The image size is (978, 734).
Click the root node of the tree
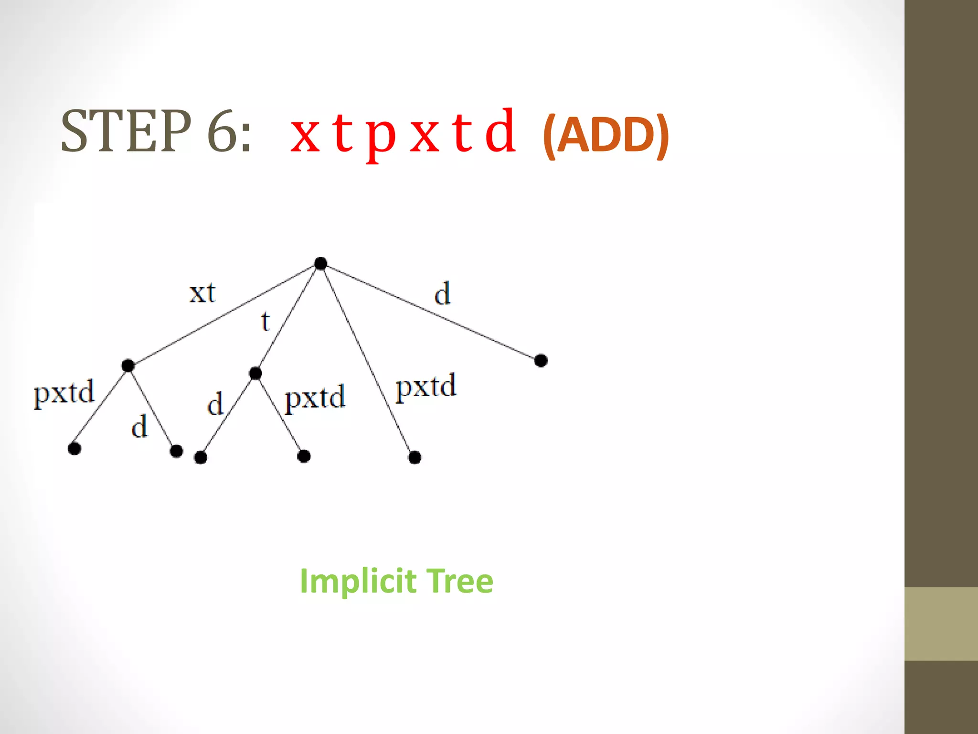pyautogui.click(x=321, y=263)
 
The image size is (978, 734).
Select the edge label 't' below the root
pyautogui.click(x=266, y=321)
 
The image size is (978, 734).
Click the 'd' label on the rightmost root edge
pyautogui.click(x=443, y=293)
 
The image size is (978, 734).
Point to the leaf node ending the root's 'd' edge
pyautogui.click(x=541, y=360)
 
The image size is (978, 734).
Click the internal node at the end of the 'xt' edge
pyautogui.click(x=128, y=366)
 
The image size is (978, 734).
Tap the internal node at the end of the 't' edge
pyautogui.click(x=255, y=373)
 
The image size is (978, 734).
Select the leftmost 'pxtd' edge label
pyautogui.click(x=64, y=393)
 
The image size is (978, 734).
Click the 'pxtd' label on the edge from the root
pyautogui.click(x=426, y=387)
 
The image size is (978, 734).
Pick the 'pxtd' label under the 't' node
pyautogui.click(x=315, y=398)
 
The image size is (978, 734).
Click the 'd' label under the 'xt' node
pyautogui.click(x=139, y=427)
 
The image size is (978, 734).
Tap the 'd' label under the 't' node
pyautogui.click(x=215, y=404)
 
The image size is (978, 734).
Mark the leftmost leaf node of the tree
pyautogui.click(x=74, y=449)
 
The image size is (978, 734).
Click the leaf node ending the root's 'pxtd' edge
pyautogui.click(x=415, y=457)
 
